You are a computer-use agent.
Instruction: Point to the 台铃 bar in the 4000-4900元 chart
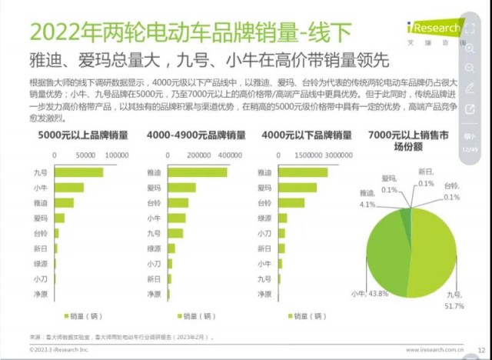[x=178, y=203]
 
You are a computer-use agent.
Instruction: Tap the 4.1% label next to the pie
[x=367, y=205]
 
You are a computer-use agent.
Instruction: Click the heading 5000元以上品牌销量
[x=82, y=135]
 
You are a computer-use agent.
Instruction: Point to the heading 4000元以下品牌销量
[x=306, y=135]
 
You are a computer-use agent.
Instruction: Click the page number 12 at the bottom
[x=480, y=348]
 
